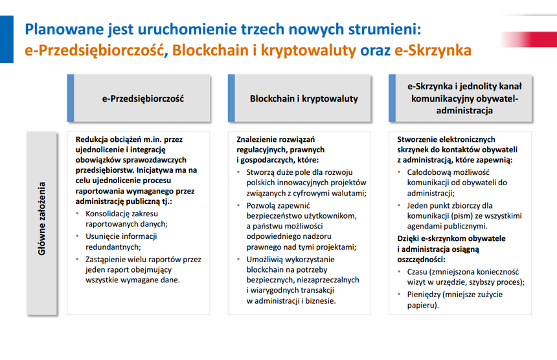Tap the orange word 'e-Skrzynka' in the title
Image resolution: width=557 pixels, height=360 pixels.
point(433,51)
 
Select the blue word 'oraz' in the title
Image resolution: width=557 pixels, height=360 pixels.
point(375,51)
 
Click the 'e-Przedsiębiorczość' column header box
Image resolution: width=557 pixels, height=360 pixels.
point(139,98)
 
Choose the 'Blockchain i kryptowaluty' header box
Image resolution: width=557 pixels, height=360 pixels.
point(299,98)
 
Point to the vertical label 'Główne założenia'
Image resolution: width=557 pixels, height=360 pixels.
point(41,219)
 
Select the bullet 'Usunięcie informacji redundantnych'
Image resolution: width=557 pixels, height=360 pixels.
point(121,242)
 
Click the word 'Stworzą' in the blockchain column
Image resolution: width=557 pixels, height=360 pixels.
point(259,172)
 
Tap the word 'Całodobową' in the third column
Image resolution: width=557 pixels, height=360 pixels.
point(427,172)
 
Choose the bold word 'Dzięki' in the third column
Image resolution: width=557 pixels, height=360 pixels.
point(408,238)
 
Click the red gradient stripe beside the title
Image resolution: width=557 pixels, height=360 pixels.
point(529,39)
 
